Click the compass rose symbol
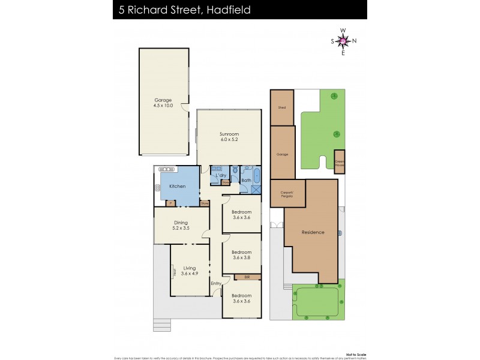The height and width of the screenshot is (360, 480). pyautogui.click(x=343, y=41)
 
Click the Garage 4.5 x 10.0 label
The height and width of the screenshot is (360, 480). pyautogui.click(x=163, y=103)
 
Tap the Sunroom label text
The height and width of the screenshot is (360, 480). pyautogui.click(x=229, y=137)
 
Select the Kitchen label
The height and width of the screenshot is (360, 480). pyautogui.click(x=177, y=187)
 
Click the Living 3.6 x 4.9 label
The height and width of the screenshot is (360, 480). pyautogui.click(x=190, y=271)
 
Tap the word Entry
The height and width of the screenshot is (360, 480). pyautogui.click(x=216, y=283)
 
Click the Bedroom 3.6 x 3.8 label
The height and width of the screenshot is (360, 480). pyautogui.click(x=241, y=254)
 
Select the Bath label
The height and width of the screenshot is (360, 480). pyautogui.click(x=246, y=180)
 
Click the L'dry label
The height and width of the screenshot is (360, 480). pyautogui.click(x=221, y=175)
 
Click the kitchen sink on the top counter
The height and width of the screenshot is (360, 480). pyautogui.click(x=166, y=170)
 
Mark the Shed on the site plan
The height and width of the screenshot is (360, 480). pyautogui.click(x=282, y=107)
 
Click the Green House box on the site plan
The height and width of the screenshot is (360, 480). pyautogui.click(x=340, y=162)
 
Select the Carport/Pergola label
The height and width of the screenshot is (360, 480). pyautogui.click(x=286, y=194)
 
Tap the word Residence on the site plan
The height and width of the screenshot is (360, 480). pyautogui.click(x=313, y=232)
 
